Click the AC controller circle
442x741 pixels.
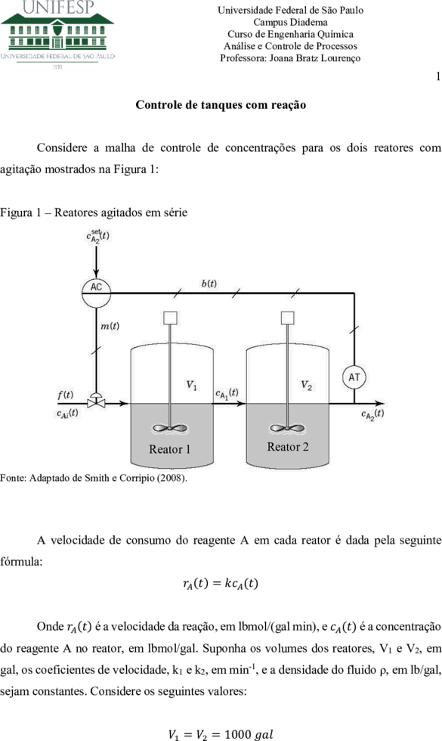(97, 293)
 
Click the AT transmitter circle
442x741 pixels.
(354, 377)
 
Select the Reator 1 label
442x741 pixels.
(169, 449)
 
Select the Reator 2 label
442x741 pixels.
(288, 447)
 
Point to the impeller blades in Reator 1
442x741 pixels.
(169, 429)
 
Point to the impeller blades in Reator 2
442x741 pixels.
(287, 429)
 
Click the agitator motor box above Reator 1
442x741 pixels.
(170, 318)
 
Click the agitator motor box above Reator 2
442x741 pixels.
(288, 318)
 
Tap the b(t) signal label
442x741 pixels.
(209, 284)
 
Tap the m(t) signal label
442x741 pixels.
(110, 326)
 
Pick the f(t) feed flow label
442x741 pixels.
(65, 395)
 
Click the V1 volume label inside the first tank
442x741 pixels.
(191, 385)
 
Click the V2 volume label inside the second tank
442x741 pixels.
(307, 385)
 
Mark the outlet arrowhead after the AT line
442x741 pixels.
(380, 404)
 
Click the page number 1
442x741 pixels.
(438, 76)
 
